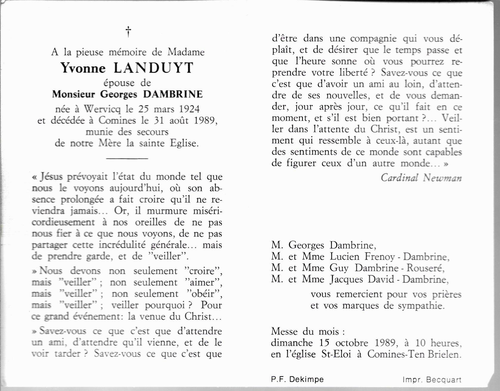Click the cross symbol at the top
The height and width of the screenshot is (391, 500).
(128, 32)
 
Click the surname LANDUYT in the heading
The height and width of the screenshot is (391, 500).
(154, 68)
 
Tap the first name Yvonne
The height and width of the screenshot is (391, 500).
(83, 68)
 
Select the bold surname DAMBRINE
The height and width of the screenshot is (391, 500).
(173, 94)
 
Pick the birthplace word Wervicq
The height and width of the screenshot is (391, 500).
(102, 109)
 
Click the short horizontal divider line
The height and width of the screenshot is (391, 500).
(127, 158)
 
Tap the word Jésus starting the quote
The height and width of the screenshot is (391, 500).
(52, 177)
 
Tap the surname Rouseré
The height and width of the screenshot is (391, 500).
(425, 268)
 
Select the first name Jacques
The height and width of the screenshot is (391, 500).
(346, 280)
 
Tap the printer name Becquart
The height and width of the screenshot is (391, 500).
(444, 380)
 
